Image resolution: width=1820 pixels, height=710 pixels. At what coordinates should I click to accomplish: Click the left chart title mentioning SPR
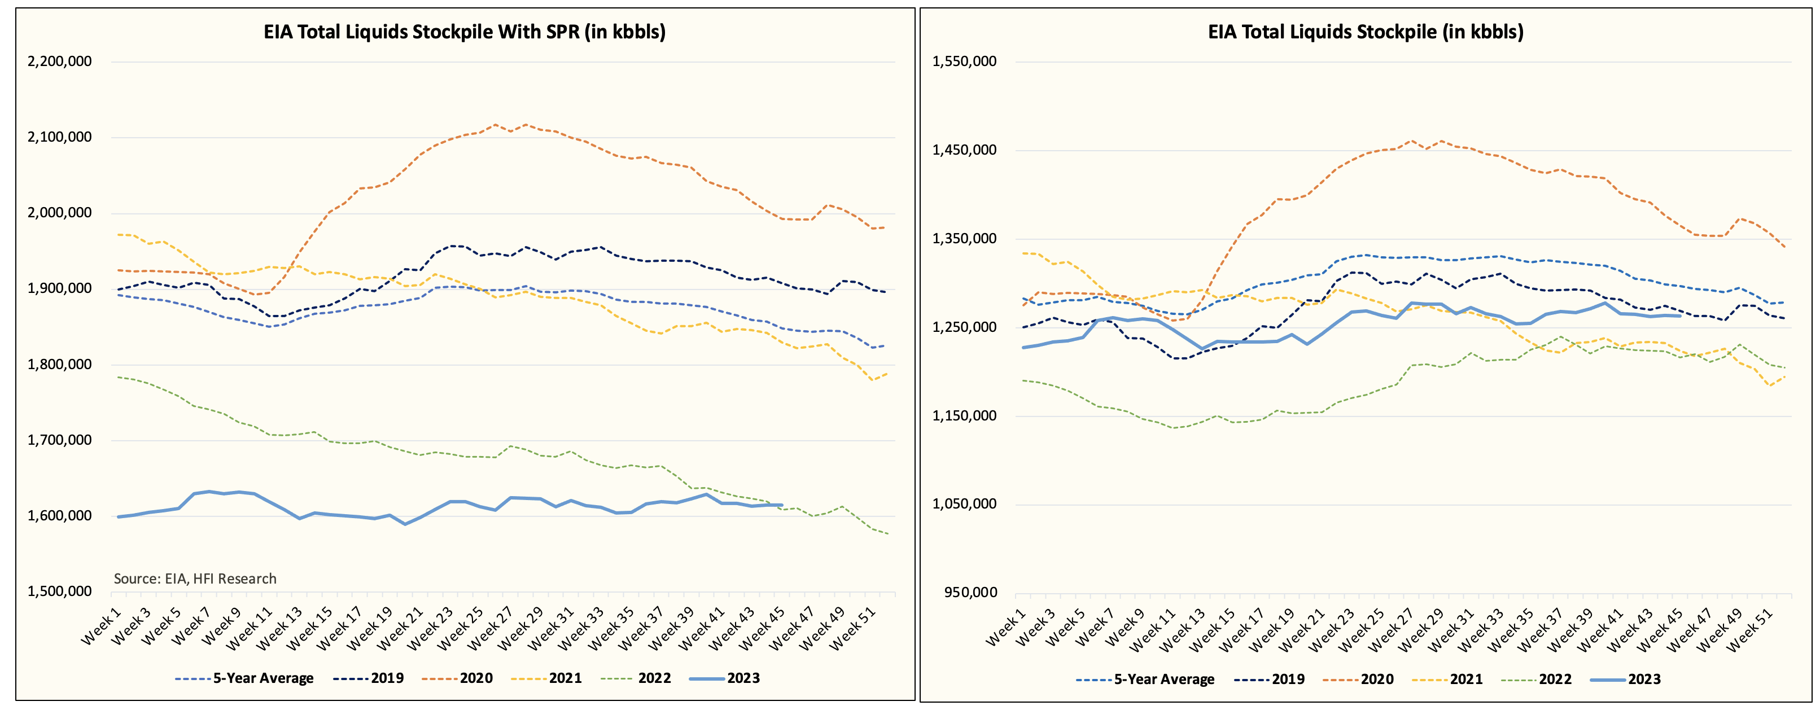tap(464, 32)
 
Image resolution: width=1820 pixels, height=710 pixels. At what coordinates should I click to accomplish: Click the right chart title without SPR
tap(1365, 32)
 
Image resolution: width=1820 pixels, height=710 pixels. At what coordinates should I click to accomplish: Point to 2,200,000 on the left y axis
tap(59, 62)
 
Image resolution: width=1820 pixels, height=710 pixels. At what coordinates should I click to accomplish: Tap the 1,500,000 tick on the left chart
tap(59, 591)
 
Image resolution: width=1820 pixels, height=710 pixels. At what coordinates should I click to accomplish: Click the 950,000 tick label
tap(970, 592)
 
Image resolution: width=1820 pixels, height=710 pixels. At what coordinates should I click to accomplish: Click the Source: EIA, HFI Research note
tap(195, 578)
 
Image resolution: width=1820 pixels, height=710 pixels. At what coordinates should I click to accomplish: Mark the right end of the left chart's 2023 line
tap(782, 505)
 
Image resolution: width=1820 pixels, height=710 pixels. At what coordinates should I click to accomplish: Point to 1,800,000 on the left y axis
tap(59, 365)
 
